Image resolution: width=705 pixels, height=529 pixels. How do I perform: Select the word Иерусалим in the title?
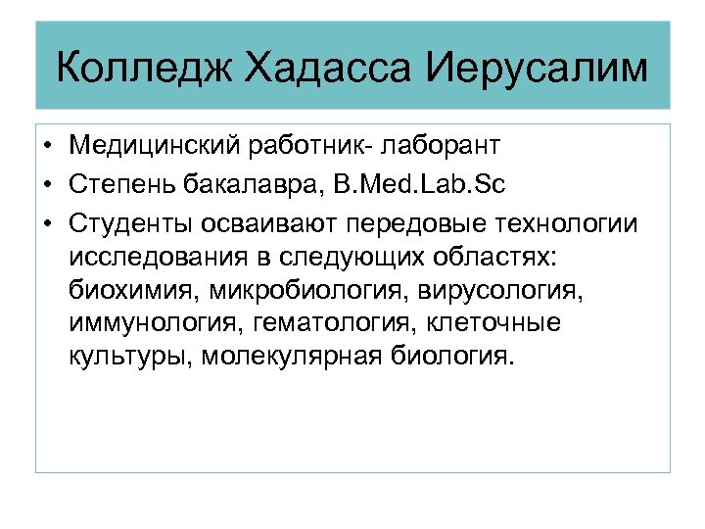538,70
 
